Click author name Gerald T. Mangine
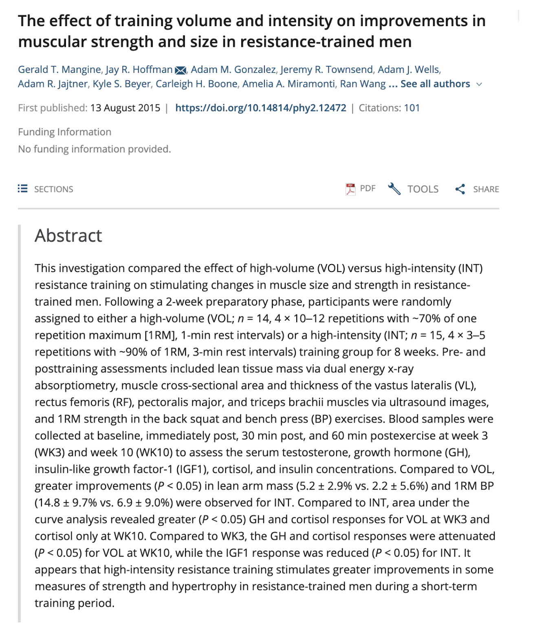(x=59, y=70)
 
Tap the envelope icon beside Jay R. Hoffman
(x=180, y=71)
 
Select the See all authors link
(x=435, y=84)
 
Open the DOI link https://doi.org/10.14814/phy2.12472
(x=260, y=108)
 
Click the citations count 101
(x=412, y=108)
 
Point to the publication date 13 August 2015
(x=125, y=108)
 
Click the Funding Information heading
(x=64, y=132)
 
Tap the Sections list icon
(x=22, y=189)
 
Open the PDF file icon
(x=350, y=189)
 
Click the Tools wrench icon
(x=394, y=189)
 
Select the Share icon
(x=460, y=189)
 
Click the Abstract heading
(x=68, y=236)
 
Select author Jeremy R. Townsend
(x=326, y=70)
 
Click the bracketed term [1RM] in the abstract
(x=160, y=335)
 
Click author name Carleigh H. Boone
(x=196, y=84)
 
